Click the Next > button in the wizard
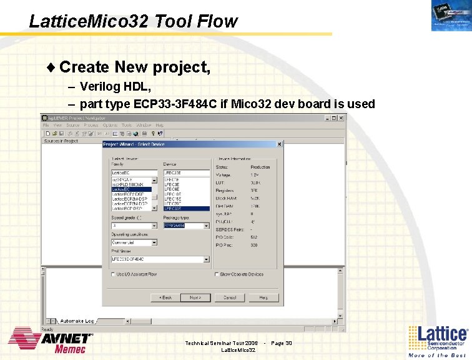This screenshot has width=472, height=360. pyautogui.click(x=195, y=297)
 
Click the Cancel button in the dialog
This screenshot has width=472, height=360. pyautogui.click(x=230, y=297)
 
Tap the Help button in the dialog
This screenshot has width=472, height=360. pyautogui.click(x=264, y=297)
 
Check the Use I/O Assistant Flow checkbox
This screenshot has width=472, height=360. pyautogui.click(x=113, y=274)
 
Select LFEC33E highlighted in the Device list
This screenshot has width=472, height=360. pyautogui.click(x=186, y=208)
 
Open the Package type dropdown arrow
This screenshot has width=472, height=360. pyautogui.click(x=207, y=226)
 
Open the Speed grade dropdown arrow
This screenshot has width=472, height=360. pyautogui.click(x=154, y=226)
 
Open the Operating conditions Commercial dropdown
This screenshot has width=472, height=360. pyautogui.click(x=154, y=242)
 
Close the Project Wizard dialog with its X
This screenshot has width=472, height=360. pyautogui.click(x=279, y=144)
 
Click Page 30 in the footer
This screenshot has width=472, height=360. pyautogui.click(x=282, y=343)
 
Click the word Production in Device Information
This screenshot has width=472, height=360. pyautogui.click(x=260, y=167)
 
